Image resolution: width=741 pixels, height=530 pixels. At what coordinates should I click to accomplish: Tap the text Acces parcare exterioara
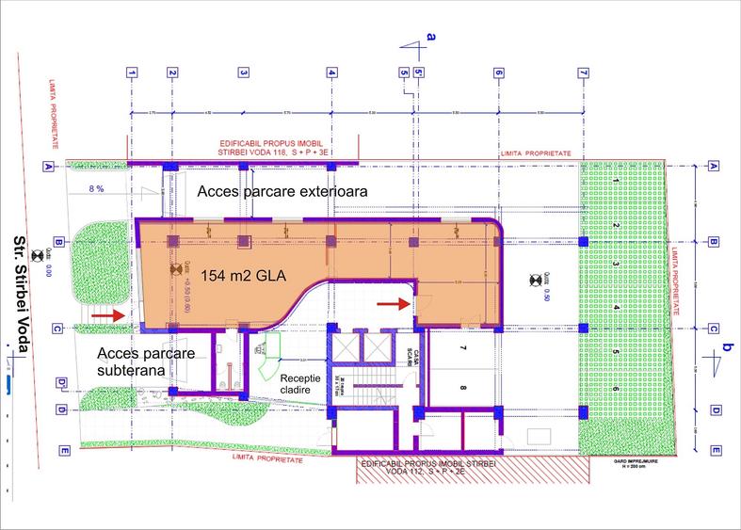(x=281, y=191)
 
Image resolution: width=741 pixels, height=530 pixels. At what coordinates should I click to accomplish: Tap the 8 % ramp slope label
(x=96, y=189)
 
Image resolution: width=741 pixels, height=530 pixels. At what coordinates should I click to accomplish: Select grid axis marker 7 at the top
(x=584, y=72)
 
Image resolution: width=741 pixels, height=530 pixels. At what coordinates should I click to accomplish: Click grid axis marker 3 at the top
(x=243, y=72)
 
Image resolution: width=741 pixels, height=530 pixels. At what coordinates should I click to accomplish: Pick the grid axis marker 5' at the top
(x=419, y=72)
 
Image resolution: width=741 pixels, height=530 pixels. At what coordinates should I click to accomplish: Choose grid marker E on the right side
(x=714, y=451)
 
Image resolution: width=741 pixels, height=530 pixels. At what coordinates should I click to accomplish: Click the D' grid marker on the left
(x=61, y=382)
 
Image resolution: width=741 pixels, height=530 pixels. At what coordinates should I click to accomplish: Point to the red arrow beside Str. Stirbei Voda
(x=117, y=315)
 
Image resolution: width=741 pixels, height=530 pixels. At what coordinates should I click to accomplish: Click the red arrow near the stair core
(x=390, y=303)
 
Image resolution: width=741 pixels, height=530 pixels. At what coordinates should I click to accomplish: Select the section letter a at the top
(x=431, y=36)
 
